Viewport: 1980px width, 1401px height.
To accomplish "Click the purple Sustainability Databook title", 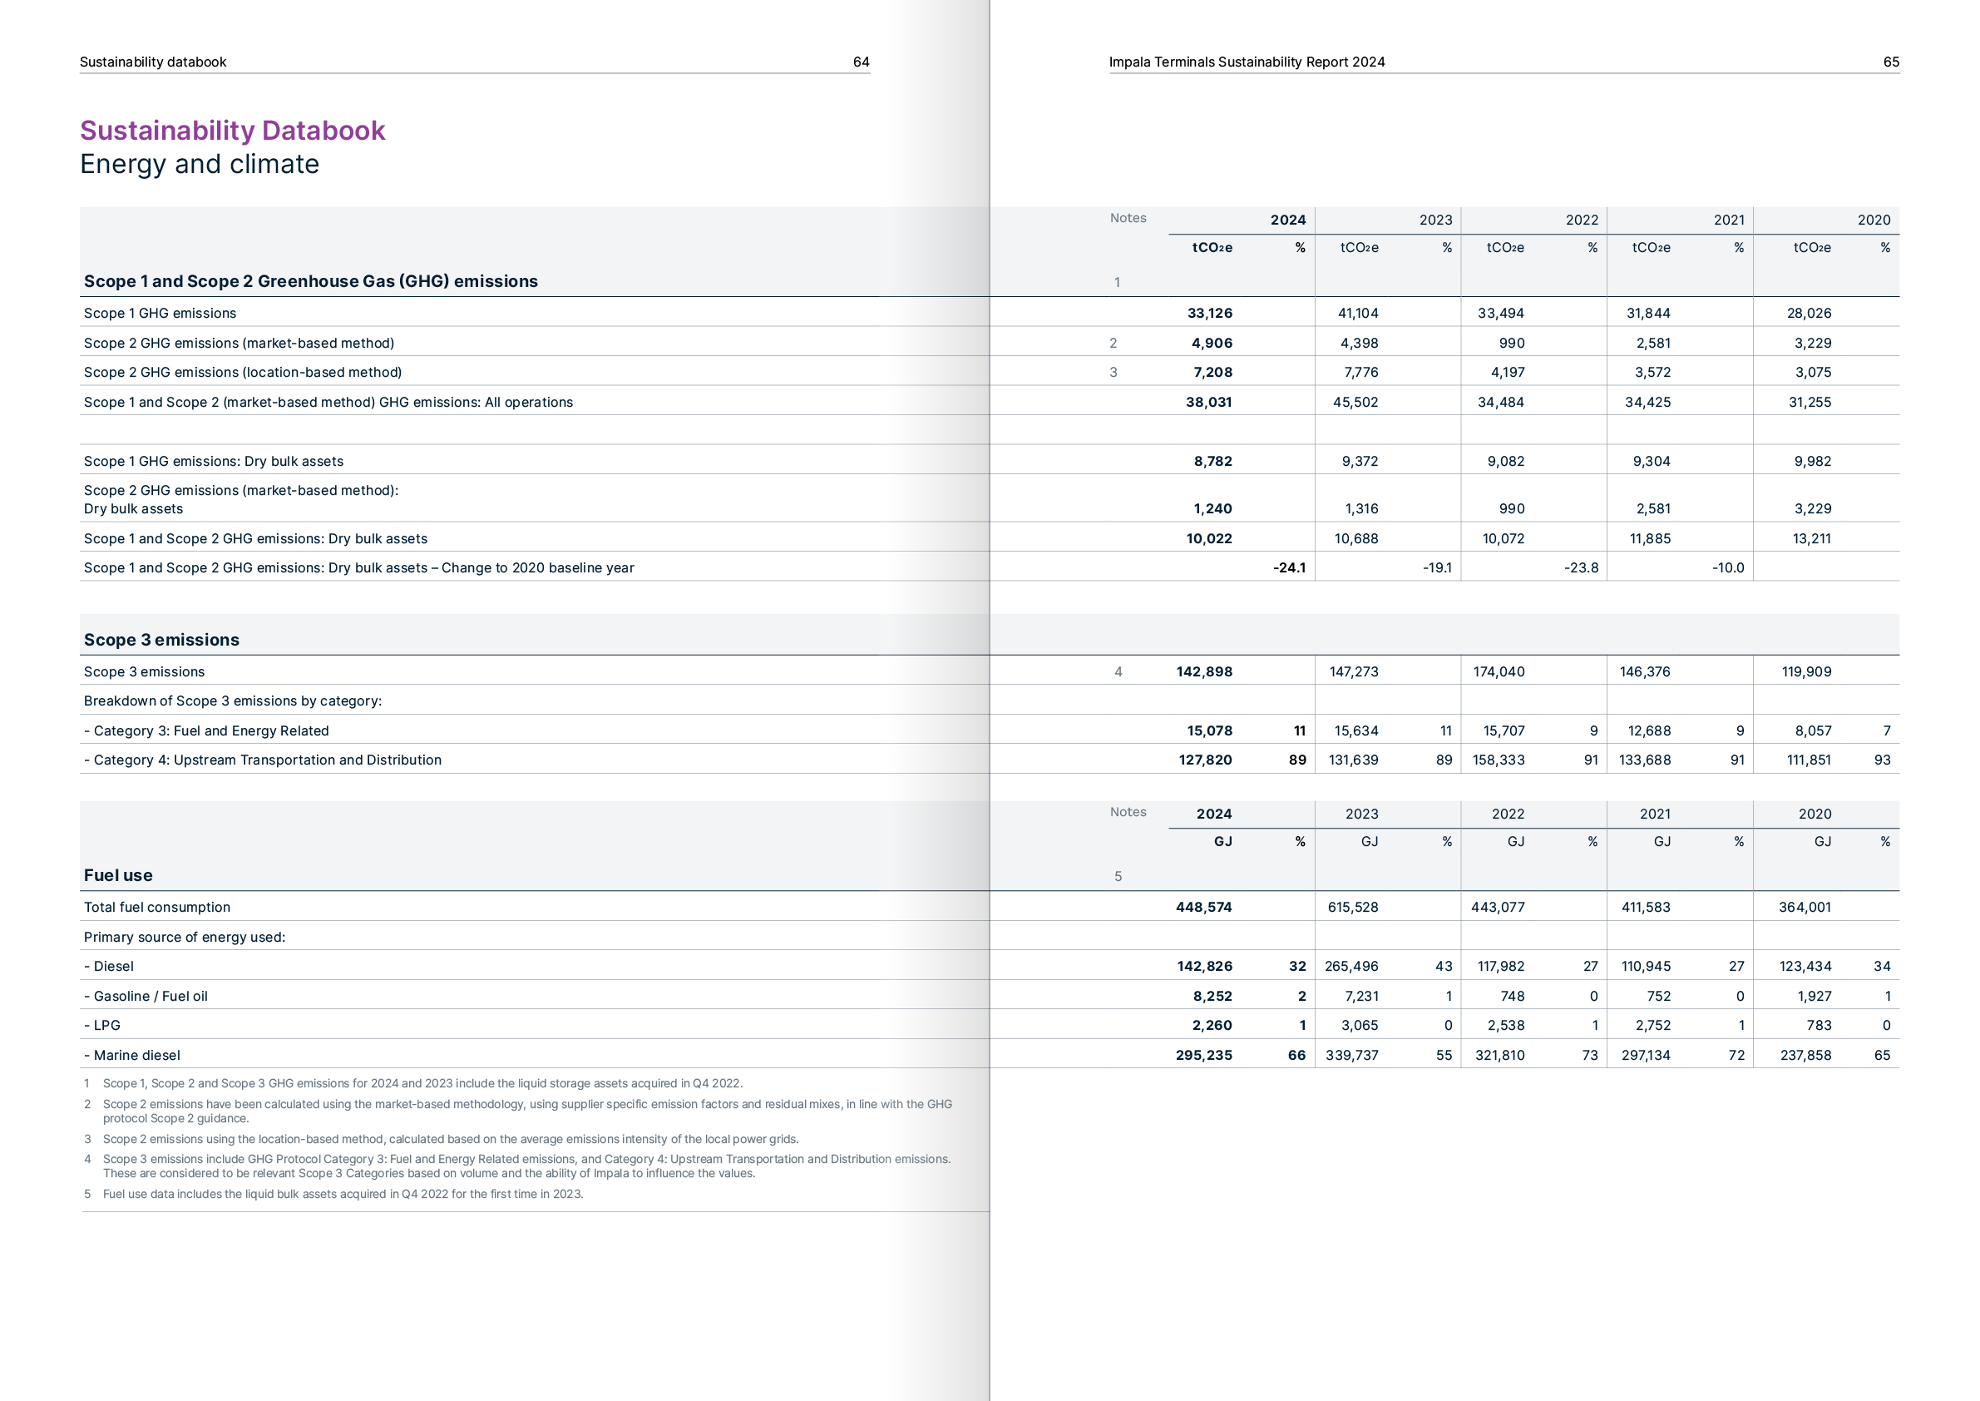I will [x=232, y=131].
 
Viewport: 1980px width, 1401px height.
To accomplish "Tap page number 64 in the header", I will [x=861, y=62].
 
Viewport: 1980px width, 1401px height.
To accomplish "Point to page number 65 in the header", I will [x=1890, y=62].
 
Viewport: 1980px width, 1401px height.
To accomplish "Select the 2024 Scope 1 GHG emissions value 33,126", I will [x=1209, y=313].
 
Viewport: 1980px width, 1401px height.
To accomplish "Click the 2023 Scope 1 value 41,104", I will [x=1357, y=313].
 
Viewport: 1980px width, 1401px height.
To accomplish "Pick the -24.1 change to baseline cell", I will [x=1288, y=567].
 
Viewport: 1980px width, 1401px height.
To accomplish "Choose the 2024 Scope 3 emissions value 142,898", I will [x=1204, y=671].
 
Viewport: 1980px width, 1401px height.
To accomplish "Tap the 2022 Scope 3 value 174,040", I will [x=1499, y=671].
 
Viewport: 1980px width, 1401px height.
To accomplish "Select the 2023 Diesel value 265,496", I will [x=1351, y=966].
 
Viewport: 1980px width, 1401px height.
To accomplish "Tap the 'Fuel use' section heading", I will [x=118, y=874].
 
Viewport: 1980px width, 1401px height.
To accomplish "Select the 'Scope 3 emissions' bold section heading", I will [x=161, y=639].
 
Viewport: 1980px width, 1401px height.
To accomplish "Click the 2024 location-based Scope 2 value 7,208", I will [x=1212, y=372].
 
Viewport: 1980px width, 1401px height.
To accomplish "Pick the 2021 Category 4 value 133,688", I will [x=1645, y=760].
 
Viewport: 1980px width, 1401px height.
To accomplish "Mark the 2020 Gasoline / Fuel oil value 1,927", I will [x=1814, y=996].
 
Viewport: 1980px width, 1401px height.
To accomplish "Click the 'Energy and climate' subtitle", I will [x=200, y=164].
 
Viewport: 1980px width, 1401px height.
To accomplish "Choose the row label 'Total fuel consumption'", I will [x=157, y=907].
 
